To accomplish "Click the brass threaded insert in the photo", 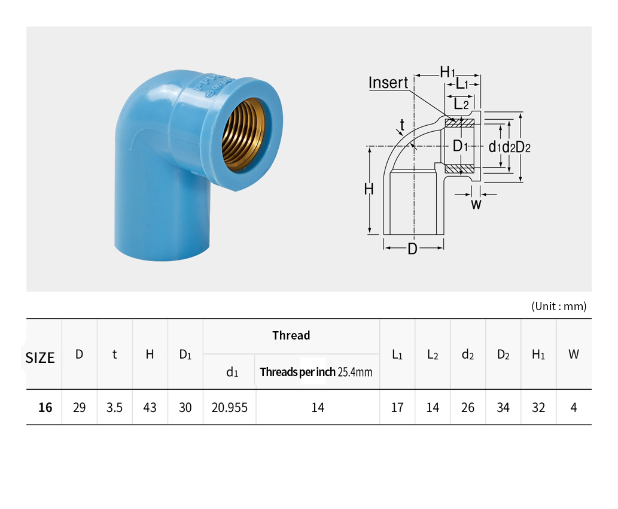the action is point(241,135).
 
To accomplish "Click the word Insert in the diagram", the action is point(388,83).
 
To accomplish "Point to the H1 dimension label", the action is point(447,72).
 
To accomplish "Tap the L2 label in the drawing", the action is point(461,104).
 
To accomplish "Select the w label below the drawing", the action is point(476,204).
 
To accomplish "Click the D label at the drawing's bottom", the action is point(412,249).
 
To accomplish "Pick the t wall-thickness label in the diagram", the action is point(402,125).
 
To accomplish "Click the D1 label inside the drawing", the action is point(460,146).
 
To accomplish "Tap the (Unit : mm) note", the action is point(559,306).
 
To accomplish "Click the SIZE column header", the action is point(40,358).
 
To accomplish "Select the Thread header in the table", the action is point(291,335).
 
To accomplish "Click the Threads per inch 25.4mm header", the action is point(316,372).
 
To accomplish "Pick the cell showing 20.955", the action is point(229,407).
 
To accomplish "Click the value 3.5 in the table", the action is point(114,407).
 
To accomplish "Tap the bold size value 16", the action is point(45,407).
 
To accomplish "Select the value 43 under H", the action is point(150,407).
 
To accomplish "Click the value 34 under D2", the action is point(503,407).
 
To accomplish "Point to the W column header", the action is point(574,355).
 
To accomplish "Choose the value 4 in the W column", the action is point(574,407).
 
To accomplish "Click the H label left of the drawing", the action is point(369,189).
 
